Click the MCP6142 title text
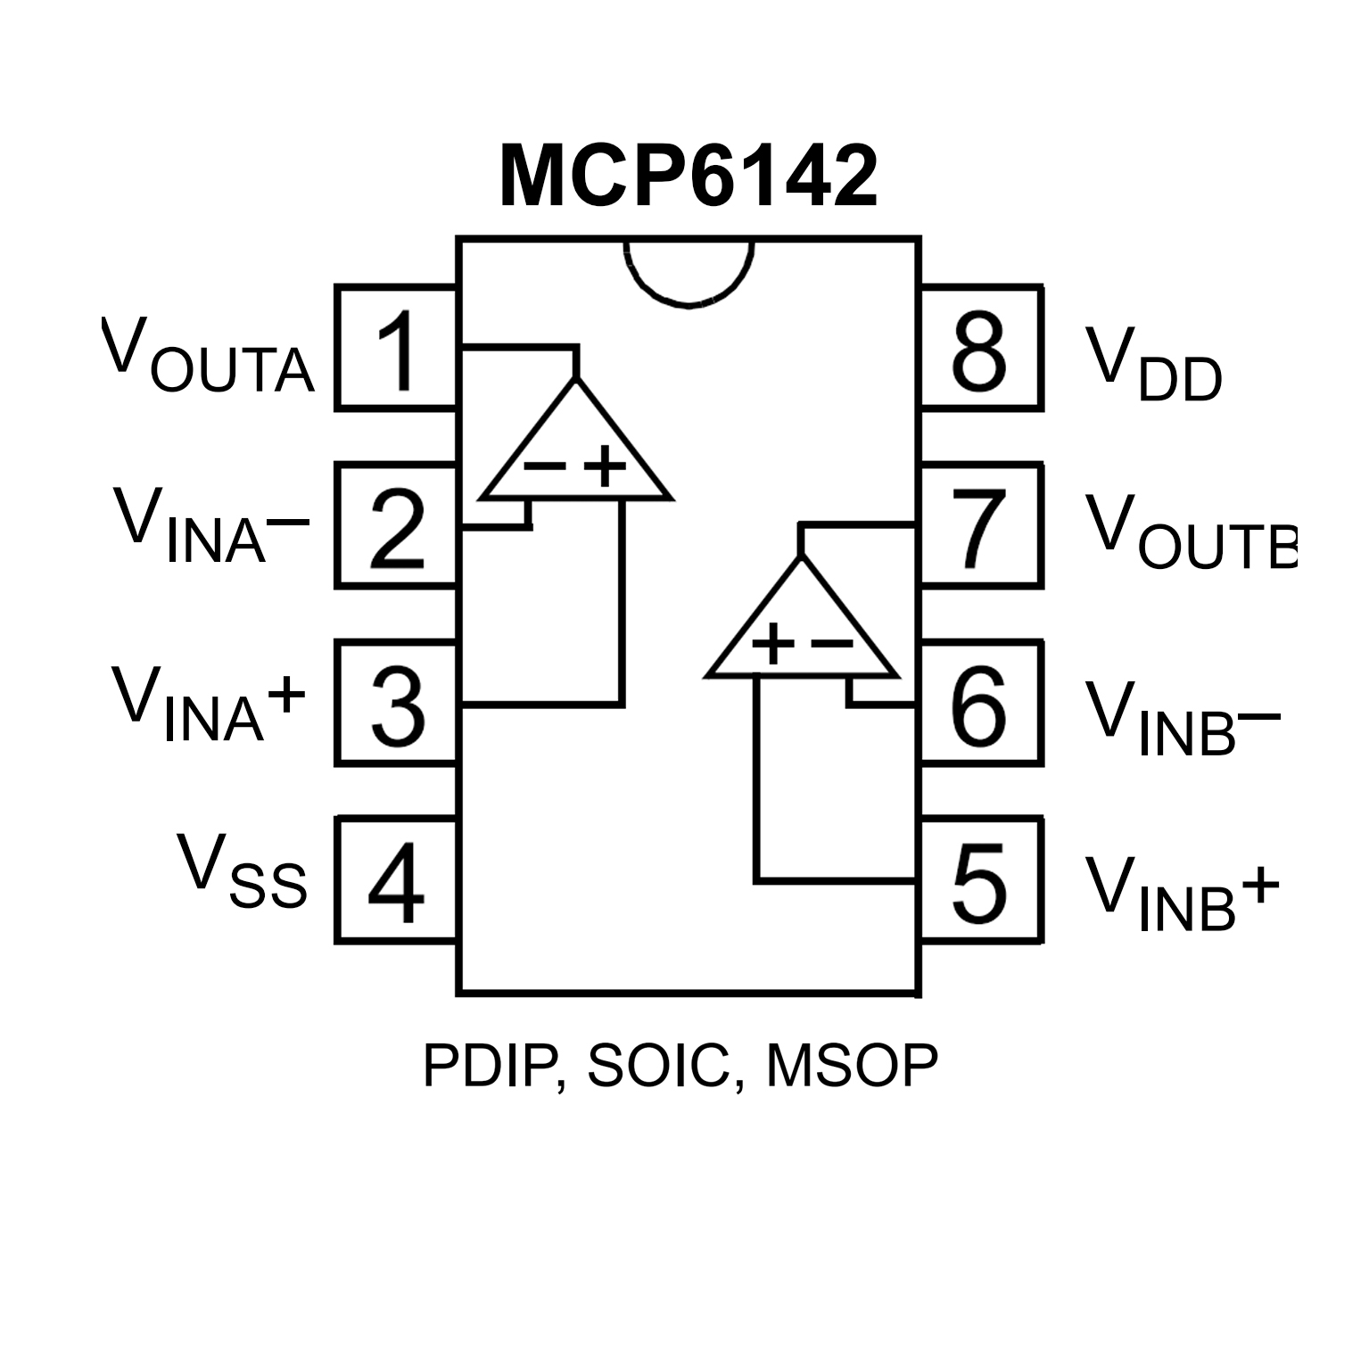point(688,177)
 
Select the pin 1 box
point(396,349)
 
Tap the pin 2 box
point(396,526)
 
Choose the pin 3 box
point(396,703)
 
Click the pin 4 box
point(396,879)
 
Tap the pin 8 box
point(981,349)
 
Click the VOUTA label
point(208,357)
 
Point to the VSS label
point(242,870)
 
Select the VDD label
point(1153,365)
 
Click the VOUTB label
point(1190,532)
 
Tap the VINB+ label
point(1182,894)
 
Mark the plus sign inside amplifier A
point(606,466)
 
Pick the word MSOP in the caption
point(852,1065)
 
